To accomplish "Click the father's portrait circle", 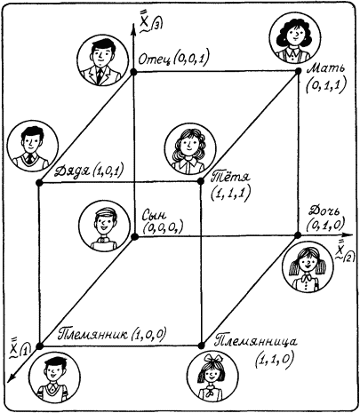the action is click(102, 60).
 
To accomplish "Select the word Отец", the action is click(154, 60).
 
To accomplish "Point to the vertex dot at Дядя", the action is click(39, 182).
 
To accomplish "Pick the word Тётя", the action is click(231, 177).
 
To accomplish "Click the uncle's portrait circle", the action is click(33, 146).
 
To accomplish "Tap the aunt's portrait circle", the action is click(190, 148).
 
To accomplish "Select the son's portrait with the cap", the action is click(104, 226).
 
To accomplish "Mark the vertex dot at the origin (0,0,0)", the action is click(134, 236).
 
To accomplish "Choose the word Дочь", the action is click(324, 211).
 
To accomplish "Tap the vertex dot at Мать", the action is click(298, 71).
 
